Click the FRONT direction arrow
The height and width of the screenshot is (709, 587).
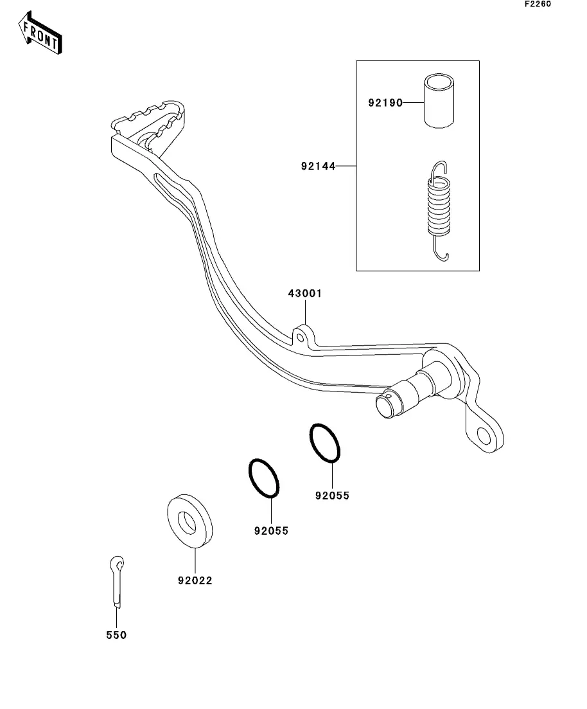[40, 33]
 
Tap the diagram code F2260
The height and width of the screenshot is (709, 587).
[538, 4]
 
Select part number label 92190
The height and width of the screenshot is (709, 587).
[385, 103]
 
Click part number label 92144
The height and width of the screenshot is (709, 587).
[318, 166]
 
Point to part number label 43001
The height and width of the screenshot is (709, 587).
[305, 294]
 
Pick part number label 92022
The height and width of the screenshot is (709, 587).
[195, 580]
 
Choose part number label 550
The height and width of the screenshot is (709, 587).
[116, 635]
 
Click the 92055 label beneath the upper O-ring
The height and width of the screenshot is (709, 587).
[332, 496]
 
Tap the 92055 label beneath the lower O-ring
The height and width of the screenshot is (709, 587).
[271, 531]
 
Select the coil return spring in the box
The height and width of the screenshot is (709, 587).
[439, 211]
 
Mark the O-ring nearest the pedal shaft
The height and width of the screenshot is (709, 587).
[325, 443]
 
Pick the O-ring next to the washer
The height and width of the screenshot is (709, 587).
[264, 478]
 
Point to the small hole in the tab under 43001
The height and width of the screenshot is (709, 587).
[299, 337]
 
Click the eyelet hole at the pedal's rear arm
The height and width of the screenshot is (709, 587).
[484, 437]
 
